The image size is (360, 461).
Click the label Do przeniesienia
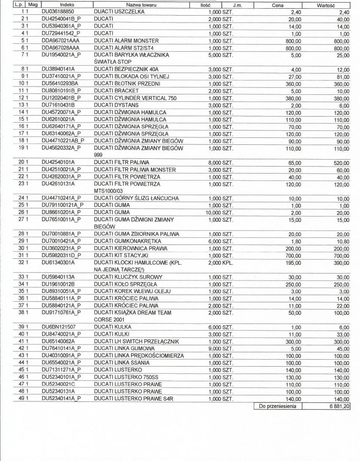[x=277, y=406]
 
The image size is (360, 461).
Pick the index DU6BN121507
[x=59, y=327]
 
